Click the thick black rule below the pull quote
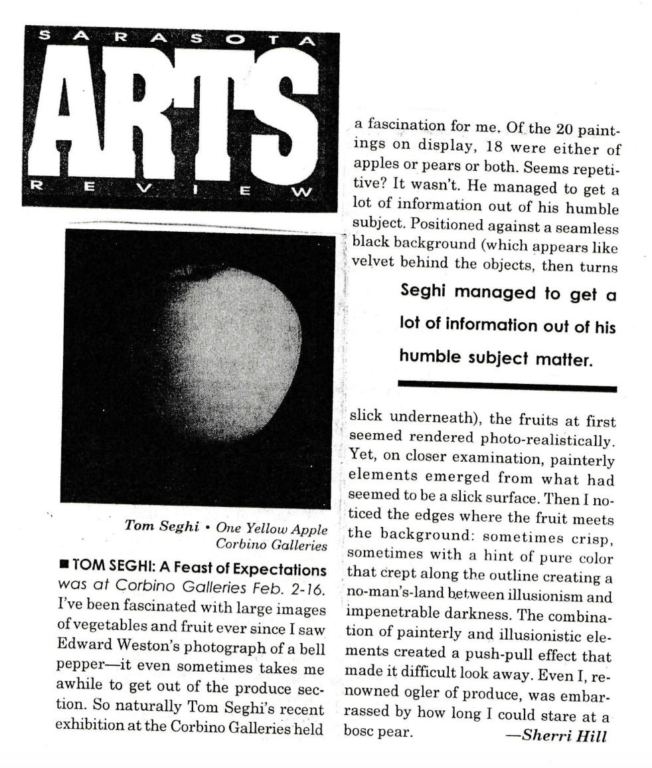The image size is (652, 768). [x=507, y=386]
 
